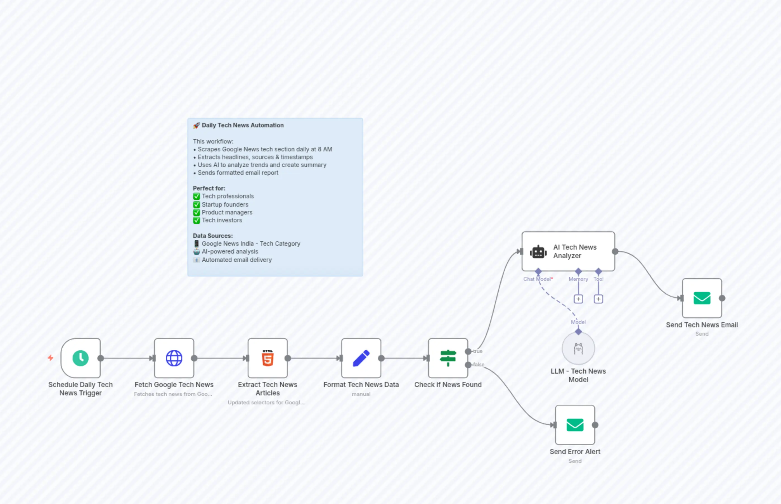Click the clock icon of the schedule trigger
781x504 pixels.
pyautogui.click(x=80, y=358)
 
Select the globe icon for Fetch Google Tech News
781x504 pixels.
pyautogui.click(x=174, y=358)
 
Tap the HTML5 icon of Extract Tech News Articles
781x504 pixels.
pyautogui.click(x=268, y=358)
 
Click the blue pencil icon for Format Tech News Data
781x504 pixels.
pyautogui.click(x=361, y=358)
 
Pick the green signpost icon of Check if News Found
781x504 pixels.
pyautogui.click(x=448, y=358)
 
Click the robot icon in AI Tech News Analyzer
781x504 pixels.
pyautogui.click(x=538, y=252)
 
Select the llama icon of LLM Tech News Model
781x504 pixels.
pyautogui.click(x=578, y=349)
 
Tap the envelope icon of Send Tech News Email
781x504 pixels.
pyautogui.click(x=702, y=298)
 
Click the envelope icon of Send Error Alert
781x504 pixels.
pyautogui.click(x=575, y=425)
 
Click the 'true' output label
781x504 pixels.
pyautogui.click(x=478, y=351)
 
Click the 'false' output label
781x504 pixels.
pyautogui.click(x=479, y=365)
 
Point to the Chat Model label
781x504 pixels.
pyautogui.click(x=537, y=279)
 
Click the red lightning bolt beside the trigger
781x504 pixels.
pyautogui.click(x=50, y=358)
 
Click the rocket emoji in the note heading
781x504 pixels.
pyautogui.click(x=196, y=125)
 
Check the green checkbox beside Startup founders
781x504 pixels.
pyautogui.click(x=196, y=205)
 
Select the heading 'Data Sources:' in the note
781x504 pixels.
pyautogui.click(x=213, y=236)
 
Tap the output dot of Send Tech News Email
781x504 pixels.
pyautogui.click(x=722, y=298)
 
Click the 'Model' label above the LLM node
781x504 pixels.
pyautogui.click(x=578, y=322)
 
